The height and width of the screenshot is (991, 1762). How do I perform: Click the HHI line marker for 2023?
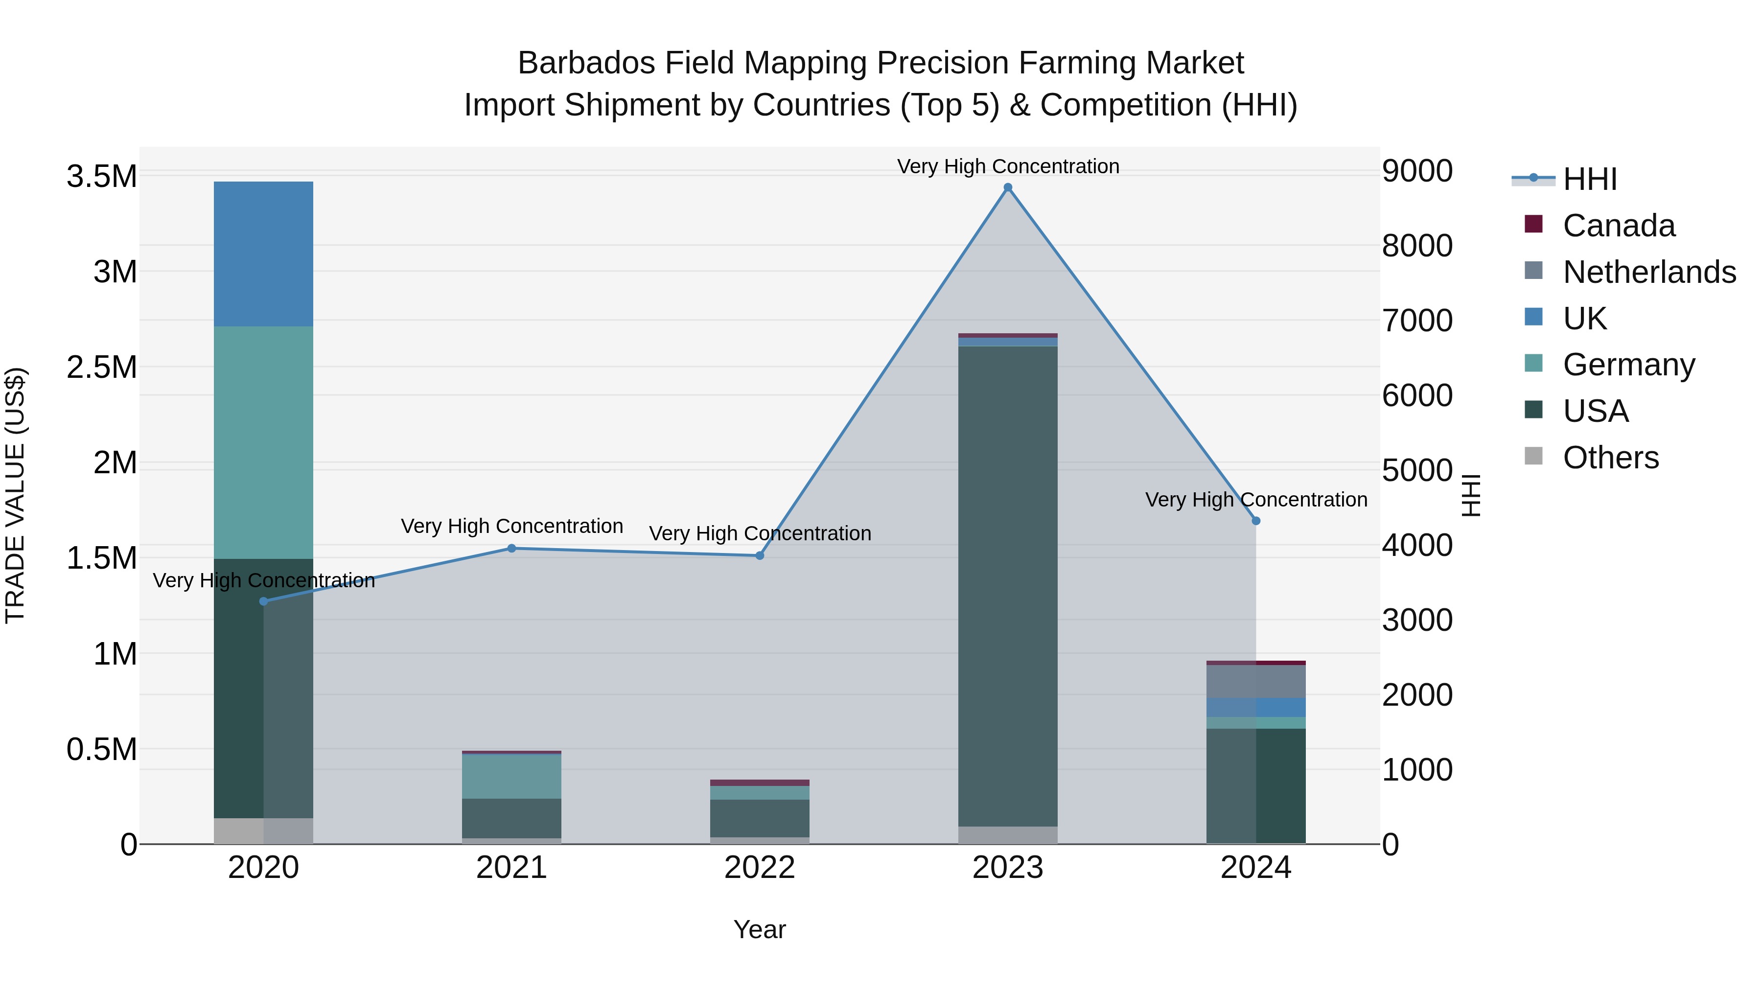[1008, 187]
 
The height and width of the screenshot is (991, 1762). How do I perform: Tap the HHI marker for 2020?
[263, 601]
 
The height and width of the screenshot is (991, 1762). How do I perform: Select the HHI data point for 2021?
[511, 548]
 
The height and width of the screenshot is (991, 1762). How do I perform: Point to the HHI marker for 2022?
[759, 555]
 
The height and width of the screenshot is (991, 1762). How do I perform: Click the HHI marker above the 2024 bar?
[1256, 521]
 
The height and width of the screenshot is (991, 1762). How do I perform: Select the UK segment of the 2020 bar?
[263, 254]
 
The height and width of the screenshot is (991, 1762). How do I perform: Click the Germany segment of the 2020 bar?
[263, 442]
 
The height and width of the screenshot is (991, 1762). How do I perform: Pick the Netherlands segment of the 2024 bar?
[1256, 681]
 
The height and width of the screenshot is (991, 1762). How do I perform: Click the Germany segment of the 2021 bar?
[511, 776]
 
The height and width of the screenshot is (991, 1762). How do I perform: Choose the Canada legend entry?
[1619, 226]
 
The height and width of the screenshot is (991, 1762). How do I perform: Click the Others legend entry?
[1610, 458]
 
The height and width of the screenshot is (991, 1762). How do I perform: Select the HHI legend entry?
[1590, 179]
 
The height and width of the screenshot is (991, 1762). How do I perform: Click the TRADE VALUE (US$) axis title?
[15, 495]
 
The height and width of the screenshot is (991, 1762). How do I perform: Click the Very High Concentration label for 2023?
[1008, 166]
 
